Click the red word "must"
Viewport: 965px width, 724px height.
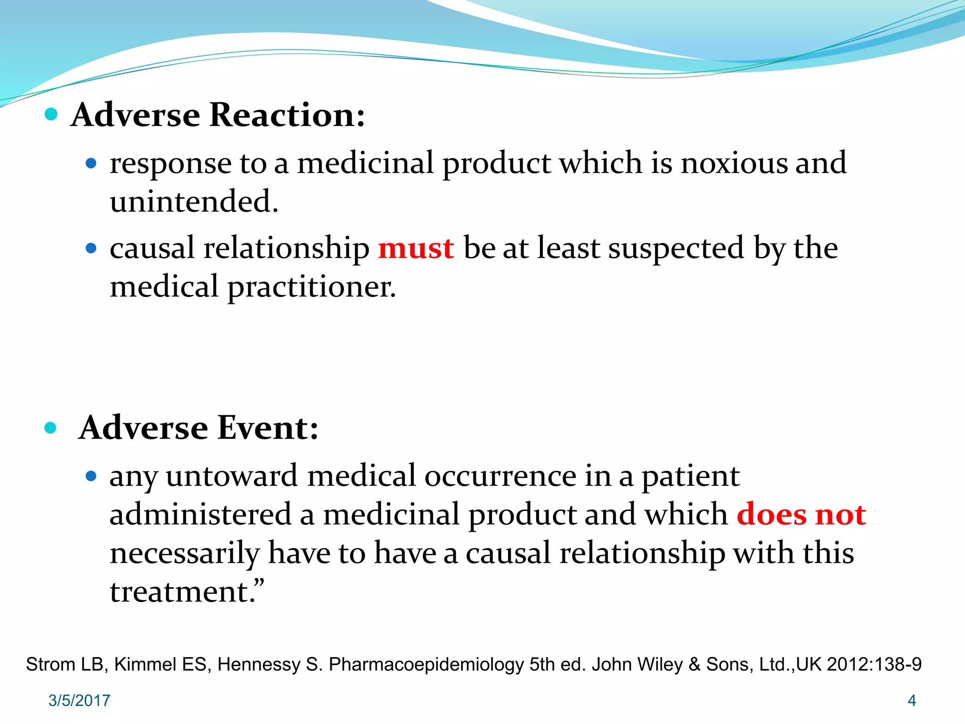pyautogui.click(x=416, y=248)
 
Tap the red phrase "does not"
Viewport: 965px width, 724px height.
pyautogui.click(x=801, y=515)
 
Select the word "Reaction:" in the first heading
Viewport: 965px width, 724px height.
pyautogui.click(x=287, y=115)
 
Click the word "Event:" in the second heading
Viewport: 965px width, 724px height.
pyautogui.click(x=268, y=428)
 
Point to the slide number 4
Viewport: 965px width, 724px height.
pyautogui.click(x=911, y=700)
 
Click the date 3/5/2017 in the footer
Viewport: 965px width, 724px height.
pyautogui.click(x=79, y=700)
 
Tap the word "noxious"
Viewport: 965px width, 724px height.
pyautogui.click(x=734, y=163)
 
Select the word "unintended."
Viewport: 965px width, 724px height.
pyautogui.click(x=194, y=202)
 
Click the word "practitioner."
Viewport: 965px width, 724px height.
pyautogui.click(x=311, y=287)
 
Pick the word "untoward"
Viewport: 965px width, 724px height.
pyautogui.click(x=231, y=476)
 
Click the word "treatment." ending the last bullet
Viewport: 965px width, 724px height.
pyautogui.click(x=187, y=592)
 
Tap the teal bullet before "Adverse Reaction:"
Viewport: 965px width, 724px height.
pyautogui.click(x=51, y=114)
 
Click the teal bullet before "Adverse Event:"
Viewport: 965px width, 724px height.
pyautogui.click(x=50, y=428)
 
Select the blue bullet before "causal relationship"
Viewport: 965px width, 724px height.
pyautogui.click(x=91, y=248)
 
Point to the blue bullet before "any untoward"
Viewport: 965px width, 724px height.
pyautogui.click(x=91, y=476)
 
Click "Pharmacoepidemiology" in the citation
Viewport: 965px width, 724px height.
pyautogui.click(x=426, y=665)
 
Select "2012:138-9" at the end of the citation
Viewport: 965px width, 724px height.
pyautogui.click(x=874, y=665)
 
